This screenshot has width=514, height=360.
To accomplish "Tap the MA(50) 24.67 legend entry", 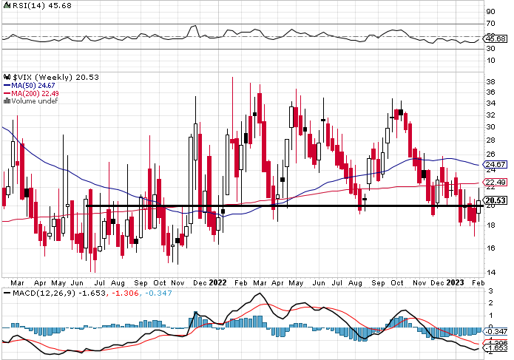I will pos(31,86).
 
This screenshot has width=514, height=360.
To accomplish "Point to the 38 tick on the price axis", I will pos(490,82).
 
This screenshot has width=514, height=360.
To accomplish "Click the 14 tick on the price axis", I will pos(490,273).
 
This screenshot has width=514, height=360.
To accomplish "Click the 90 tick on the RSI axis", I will pos(490,12).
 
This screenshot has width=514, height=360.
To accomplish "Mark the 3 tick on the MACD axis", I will pos(490,293).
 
